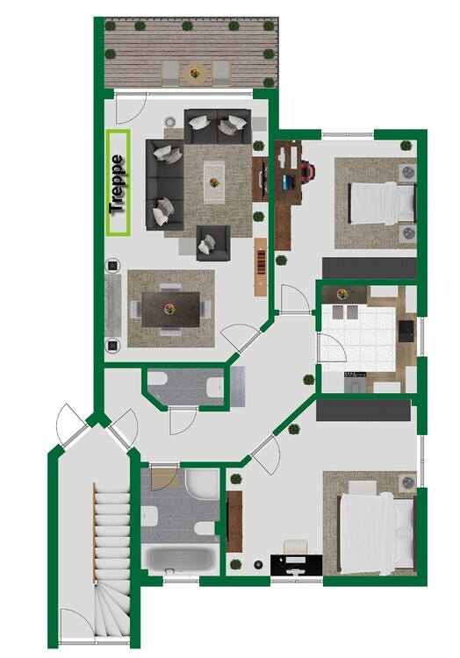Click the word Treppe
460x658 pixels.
pos(118,183)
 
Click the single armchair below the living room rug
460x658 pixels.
pos(213,242)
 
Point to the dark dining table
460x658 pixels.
pos(171,307)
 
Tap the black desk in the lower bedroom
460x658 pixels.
pos(296,563)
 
